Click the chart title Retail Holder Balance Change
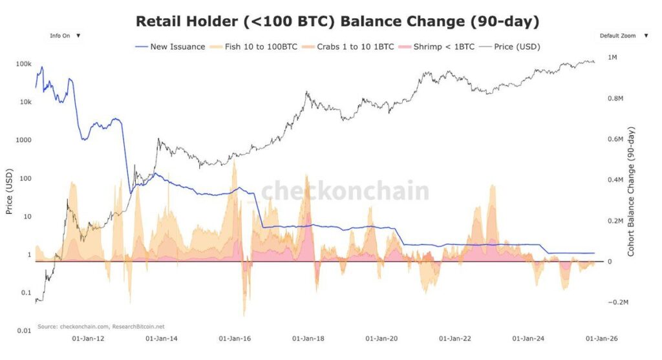coord(337,21)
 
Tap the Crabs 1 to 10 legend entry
coord(351,47)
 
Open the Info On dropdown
coord(65,36)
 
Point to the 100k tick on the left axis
coord(23,64)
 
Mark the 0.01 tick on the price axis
coord(24,331)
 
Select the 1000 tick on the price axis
coord(23,140)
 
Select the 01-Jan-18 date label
coord(307,338)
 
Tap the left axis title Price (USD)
coord(9,196)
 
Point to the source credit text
coord(101,326)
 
